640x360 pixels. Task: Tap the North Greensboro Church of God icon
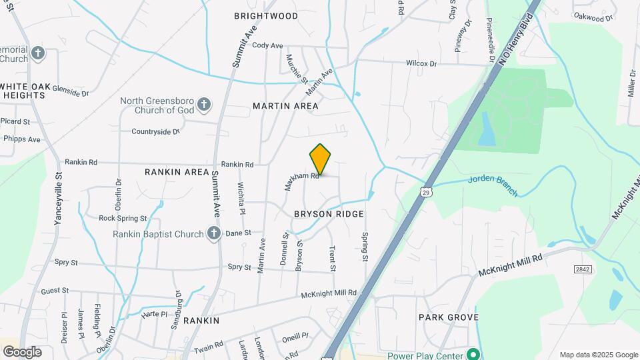pos(205,105)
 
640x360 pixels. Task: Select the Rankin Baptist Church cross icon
pos(213,233)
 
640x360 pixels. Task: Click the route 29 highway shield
pos(425,192)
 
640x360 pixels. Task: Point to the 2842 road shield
pos(583,268)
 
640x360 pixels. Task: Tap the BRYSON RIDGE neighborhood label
pos(329,214)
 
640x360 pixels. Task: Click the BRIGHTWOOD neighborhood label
pos(266,15)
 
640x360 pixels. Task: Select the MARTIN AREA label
pos(285,106)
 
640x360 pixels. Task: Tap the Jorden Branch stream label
pos(493,186)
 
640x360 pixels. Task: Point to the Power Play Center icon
pos(473,354)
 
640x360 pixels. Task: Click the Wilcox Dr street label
pos(421,63)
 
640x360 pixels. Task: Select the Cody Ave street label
pos(267,45)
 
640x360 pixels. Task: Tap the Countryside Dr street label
pos(156,131)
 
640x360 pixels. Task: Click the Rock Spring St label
pos(122,218)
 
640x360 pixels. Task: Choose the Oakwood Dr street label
pos(593,17)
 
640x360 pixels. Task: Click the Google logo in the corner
pos(22,351)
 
